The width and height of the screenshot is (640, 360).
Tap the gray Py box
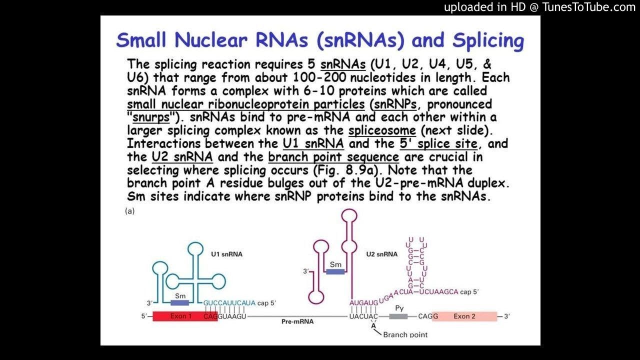point(398,316)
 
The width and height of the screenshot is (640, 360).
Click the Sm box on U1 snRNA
point(180,302)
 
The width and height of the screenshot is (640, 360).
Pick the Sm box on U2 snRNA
point(335,271)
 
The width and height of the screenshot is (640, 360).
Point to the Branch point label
point(405,334)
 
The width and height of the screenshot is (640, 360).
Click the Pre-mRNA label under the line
point(297,321)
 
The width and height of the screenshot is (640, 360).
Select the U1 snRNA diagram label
point(226,254)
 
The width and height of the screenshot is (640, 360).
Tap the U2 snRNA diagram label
point(381,254)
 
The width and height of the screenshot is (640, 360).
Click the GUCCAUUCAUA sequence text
point(229,303)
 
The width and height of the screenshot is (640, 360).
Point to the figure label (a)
point(129,211)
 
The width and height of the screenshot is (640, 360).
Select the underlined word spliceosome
point(382,130)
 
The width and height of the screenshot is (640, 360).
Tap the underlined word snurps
point(151,117)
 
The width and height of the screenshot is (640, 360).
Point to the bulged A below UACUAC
point(373,325)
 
